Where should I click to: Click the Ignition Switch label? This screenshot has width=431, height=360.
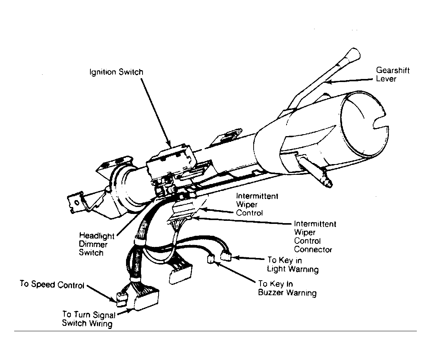pos(116,72)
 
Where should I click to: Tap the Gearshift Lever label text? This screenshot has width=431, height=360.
pos(393,74)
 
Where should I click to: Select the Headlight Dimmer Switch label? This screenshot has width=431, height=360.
pos(96,244)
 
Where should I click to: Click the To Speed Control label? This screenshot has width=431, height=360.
pos(52,284)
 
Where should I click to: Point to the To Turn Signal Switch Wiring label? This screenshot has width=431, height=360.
pos(88,319)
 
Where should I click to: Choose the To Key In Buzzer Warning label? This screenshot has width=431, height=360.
pos(287,288)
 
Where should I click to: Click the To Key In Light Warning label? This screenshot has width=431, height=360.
pos(292,265)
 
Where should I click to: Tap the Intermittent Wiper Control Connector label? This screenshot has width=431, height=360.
pos(315,237)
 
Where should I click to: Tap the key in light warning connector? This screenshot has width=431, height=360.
pos(226,257)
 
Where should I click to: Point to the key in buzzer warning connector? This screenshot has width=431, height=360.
pos(211,259)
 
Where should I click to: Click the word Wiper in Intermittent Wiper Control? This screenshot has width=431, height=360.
pos(247,205)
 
